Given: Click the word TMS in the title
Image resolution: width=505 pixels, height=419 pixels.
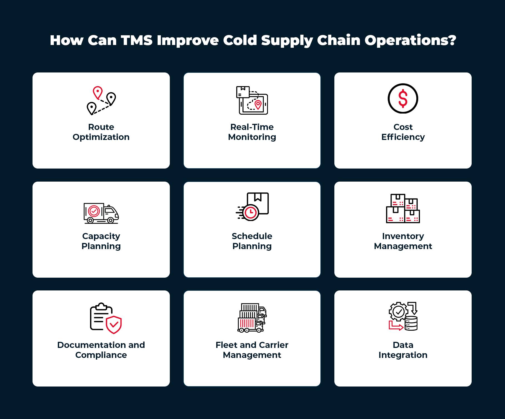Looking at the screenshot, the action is click(x=137, y=40).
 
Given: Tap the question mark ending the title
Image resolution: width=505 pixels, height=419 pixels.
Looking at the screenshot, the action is click(x=452, y=40).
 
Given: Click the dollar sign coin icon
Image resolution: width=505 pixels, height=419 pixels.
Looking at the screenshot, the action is click(x=403, y=99).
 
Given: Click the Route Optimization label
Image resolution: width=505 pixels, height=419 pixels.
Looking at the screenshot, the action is click(x=101, y=132).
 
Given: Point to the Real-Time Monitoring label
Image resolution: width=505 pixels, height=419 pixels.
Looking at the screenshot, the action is click(x=252, y=132).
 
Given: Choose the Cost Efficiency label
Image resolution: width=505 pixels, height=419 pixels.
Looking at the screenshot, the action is click(x=403, y=132).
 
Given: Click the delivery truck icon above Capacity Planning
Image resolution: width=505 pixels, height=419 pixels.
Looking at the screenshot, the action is click(x=101, y=213).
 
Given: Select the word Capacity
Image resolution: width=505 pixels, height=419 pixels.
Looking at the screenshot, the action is click(x=101, y=236).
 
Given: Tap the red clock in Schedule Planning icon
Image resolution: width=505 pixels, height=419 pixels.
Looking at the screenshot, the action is click(x=251, y=213).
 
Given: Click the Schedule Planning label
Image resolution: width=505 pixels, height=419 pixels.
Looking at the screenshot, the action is click(x=252, y=241).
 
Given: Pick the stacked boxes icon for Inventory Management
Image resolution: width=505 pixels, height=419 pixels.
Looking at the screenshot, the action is click(x=403, y=209).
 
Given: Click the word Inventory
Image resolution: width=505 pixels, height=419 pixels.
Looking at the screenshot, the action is click(x=403, y=236).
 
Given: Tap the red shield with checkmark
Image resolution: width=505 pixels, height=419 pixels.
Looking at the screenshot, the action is click(x=114, y=324).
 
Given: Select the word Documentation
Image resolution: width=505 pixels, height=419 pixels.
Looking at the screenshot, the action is click(x=91, y=345).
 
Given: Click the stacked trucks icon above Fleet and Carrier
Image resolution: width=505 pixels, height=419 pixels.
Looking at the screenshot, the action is click(x=252, y=318).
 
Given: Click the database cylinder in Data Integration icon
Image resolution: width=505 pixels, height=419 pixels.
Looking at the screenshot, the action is click(x=411, y=323).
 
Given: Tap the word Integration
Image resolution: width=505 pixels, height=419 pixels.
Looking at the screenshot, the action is click(x=403, y=355).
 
